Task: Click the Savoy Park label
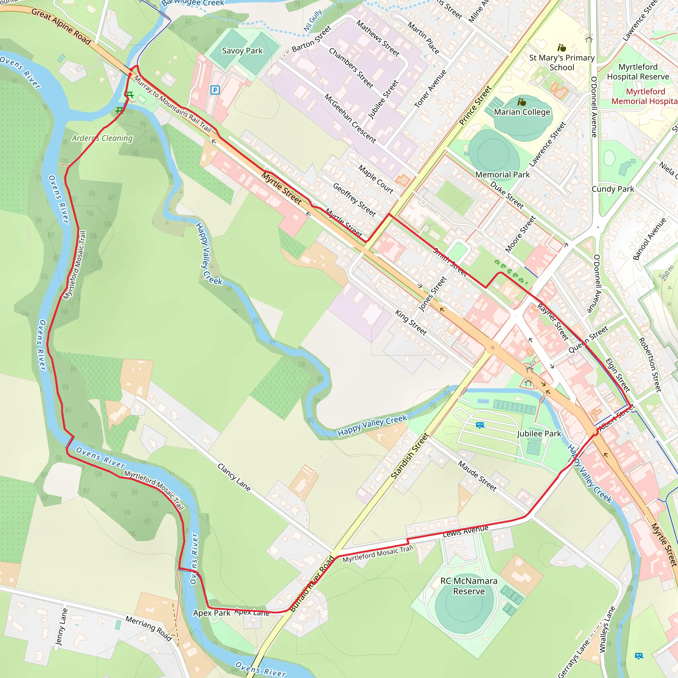(242, 51)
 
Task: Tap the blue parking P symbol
(215, 90)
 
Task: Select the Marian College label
(522, 112)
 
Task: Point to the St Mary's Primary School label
(561, 63)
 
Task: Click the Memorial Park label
(502, 174)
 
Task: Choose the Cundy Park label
(613, 189)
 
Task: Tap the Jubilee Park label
(539, 433)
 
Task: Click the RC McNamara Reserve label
(469, 586)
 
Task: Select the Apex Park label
(212, 613)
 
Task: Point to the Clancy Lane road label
(234, 477)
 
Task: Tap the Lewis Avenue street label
(465, 531)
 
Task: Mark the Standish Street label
(410, 456)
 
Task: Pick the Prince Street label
(475, 105)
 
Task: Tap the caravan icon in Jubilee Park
(480, 425)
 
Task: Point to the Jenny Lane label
(61, 627)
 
